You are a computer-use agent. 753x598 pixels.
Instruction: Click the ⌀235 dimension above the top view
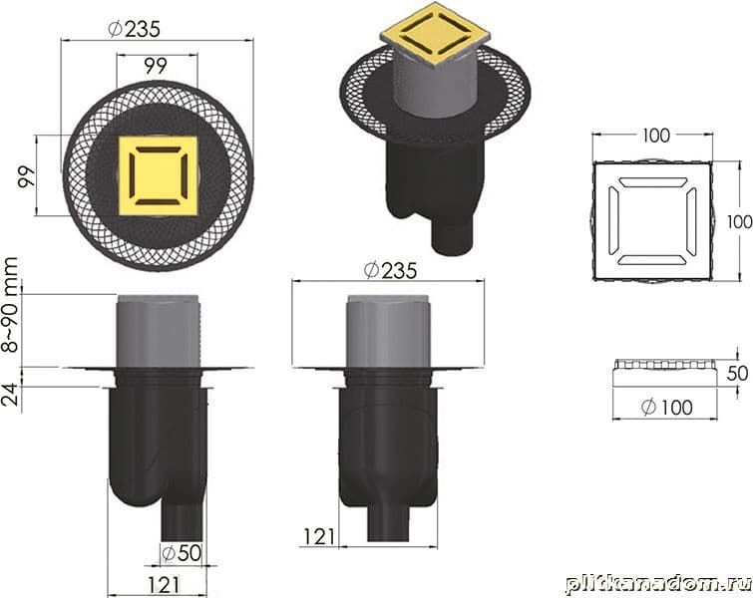135,29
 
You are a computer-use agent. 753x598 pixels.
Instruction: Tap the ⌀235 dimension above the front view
390,271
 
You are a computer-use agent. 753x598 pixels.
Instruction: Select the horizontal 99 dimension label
156,66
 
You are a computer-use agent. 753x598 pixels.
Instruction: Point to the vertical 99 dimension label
27,176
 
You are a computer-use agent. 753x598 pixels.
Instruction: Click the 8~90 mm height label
10,305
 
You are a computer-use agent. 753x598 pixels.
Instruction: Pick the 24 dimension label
11,395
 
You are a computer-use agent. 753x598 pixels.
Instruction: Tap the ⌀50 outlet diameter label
182,553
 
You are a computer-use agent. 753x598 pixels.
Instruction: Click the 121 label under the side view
164,585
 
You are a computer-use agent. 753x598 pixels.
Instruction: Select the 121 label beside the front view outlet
319,536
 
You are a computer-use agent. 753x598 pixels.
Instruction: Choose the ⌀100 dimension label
666,408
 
